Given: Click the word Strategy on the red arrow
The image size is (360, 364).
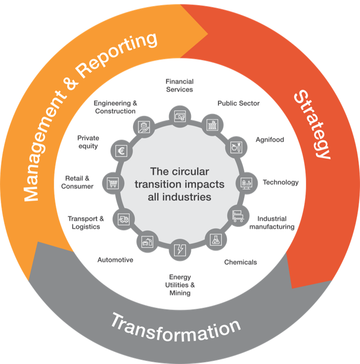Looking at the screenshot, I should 312,124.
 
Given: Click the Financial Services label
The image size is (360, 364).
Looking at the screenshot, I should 179,85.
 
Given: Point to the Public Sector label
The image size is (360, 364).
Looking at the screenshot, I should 238,103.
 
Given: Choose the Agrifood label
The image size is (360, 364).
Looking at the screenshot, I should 270,140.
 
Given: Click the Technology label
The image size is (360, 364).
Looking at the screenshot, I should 280,182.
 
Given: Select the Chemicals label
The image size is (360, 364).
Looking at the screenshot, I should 240,262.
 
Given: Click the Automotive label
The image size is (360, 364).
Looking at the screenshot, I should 115,259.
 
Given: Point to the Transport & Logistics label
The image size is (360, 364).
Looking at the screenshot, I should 86,223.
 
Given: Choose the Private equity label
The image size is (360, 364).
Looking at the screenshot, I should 88,142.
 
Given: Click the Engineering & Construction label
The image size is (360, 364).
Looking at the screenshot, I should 115,107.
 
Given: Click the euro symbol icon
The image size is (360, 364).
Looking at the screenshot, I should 121,150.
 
